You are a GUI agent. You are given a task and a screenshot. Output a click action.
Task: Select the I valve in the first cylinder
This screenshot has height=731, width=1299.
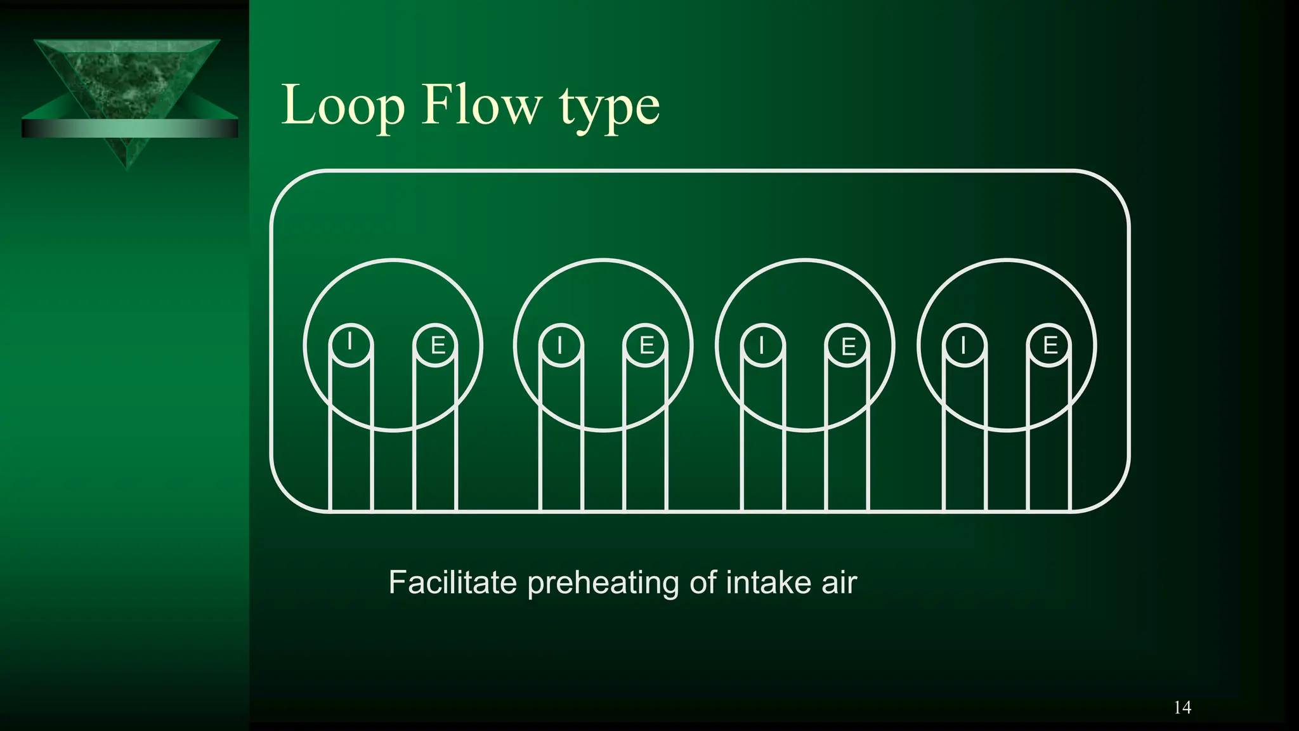(x=351, y=345)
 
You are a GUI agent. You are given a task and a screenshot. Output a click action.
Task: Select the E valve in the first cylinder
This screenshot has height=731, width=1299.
(x=436, y=345)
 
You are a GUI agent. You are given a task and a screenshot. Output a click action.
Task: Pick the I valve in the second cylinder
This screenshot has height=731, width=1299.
(x=560, y=345)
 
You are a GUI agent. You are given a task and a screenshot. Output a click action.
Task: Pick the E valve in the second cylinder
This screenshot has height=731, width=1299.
(x=646, y=345)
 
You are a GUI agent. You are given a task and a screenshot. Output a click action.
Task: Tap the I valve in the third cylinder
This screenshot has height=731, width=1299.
(x=762, y=345)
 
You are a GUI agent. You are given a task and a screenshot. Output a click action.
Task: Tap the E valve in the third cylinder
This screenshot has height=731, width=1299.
(x=848, y=346)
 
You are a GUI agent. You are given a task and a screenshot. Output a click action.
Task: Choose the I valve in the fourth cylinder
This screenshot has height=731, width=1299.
(x=964, y=345)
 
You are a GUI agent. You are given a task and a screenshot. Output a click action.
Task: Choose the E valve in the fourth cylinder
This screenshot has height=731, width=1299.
(x=1050, y=345)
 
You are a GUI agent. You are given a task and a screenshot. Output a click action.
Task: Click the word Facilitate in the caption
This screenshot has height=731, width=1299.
(x=452, y=583)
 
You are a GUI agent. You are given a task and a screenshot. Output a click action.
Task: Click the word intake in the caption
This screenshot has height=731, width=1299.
(x=768, y=583)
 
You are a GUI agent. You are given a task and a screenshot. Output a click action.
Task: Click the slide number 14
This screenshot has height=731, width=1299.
(x=1182, y=708)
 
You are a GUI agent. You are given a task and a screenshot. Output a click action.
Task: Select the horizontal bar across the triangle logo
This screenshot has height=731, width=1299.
(x=129, y=128)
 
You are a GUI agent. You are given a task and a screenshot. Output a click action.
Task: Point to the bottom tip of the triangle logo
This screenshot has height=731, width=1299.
(x=127, y=166)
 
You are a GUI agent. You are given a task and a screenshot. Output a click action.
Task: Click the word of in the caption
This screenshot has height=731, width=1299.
(x=703, y=583)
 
